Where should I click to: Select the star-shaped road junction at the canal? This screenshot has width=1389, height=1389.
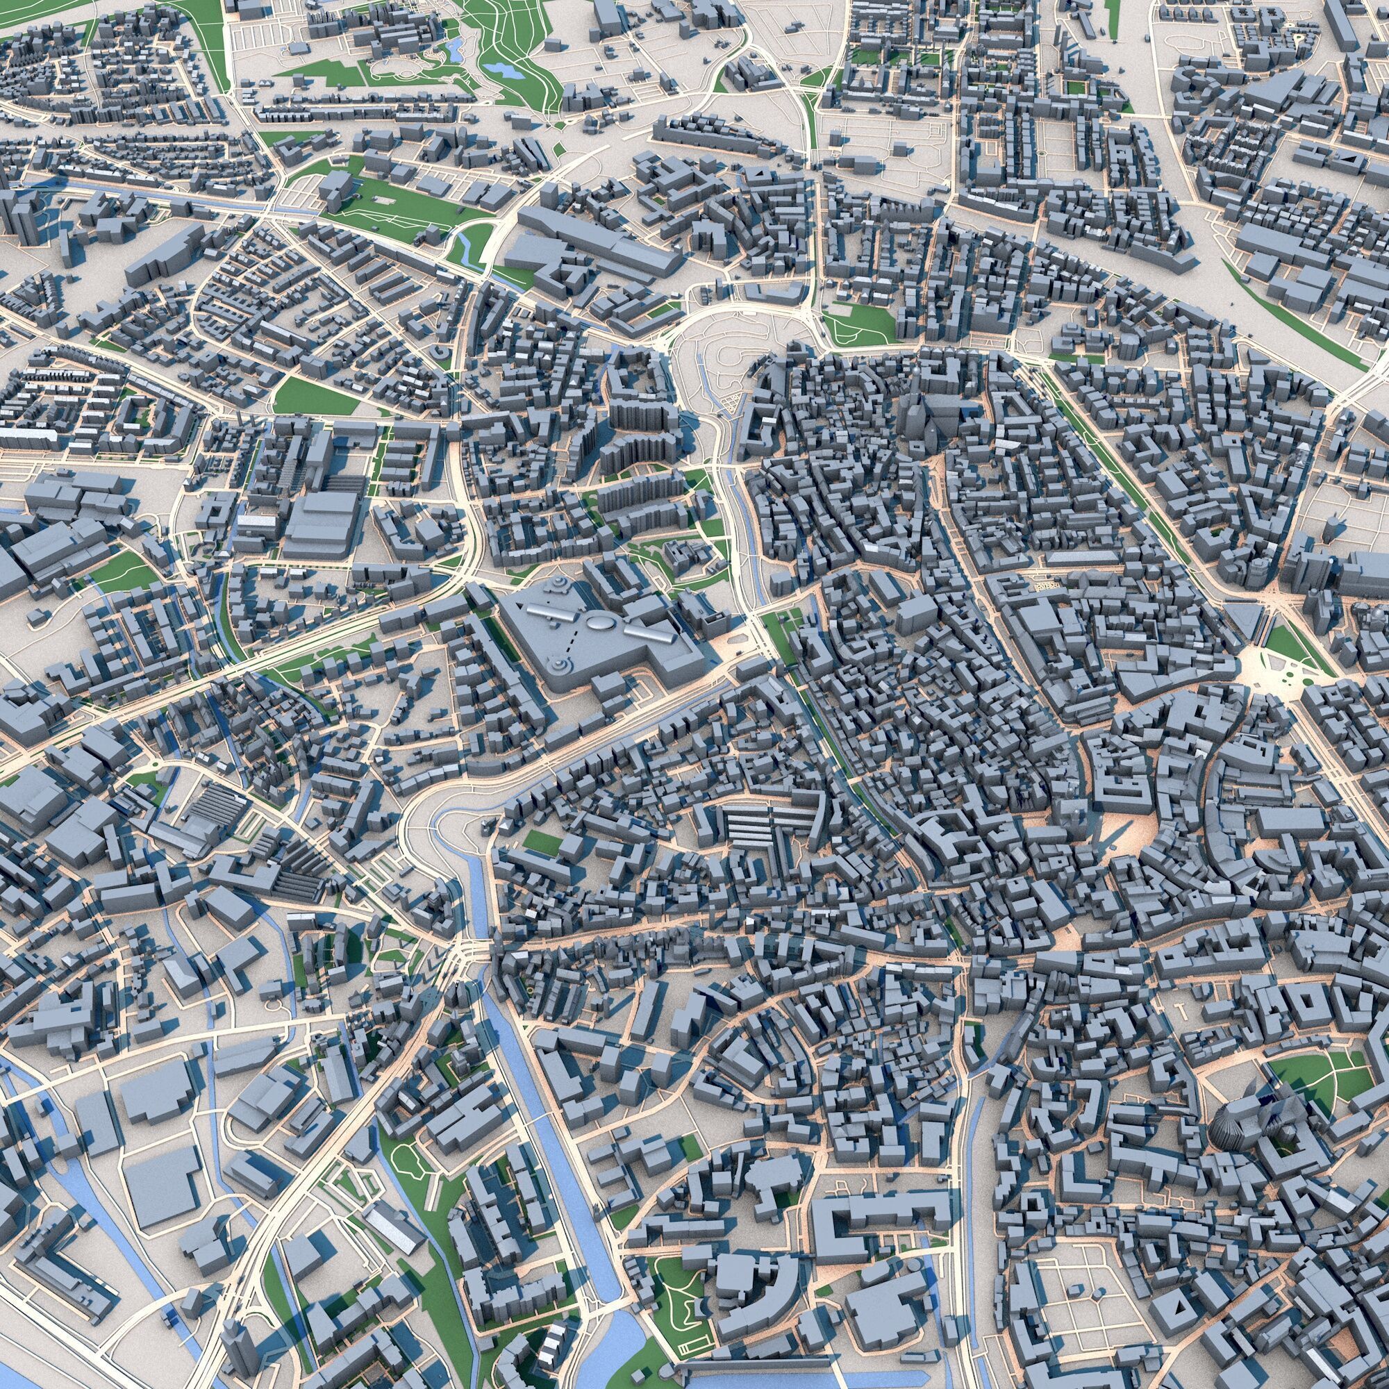click(460, 956)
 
